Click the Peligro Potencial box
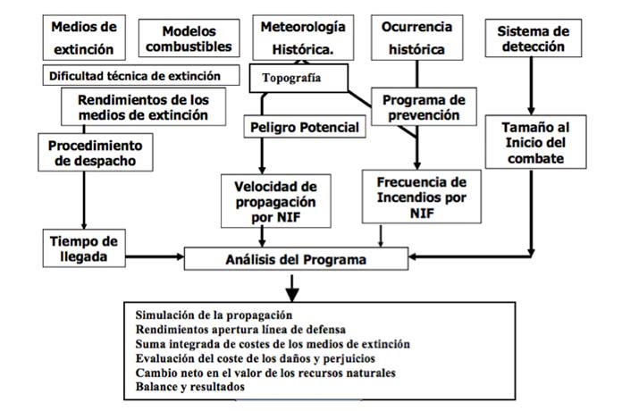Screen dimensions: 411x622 pos(304,128)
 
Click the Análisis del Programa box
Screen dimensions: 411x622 pos(295,260)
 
